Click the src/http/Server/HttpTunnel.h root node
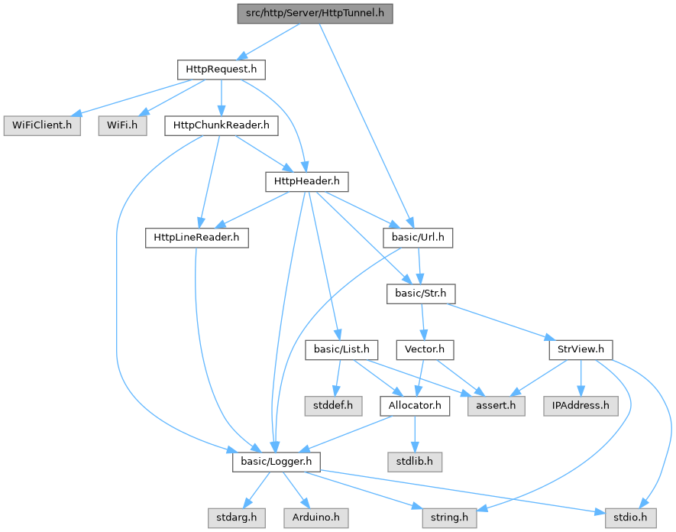315,13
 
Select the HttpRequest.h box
221,70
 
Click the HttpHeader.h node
306,181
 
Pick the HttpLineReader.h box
197,238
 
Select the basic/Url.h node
418,238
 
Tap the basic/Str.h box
420,294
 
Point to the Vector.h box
425,350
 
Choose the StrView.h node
581,350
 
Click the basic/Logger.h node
276,462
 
